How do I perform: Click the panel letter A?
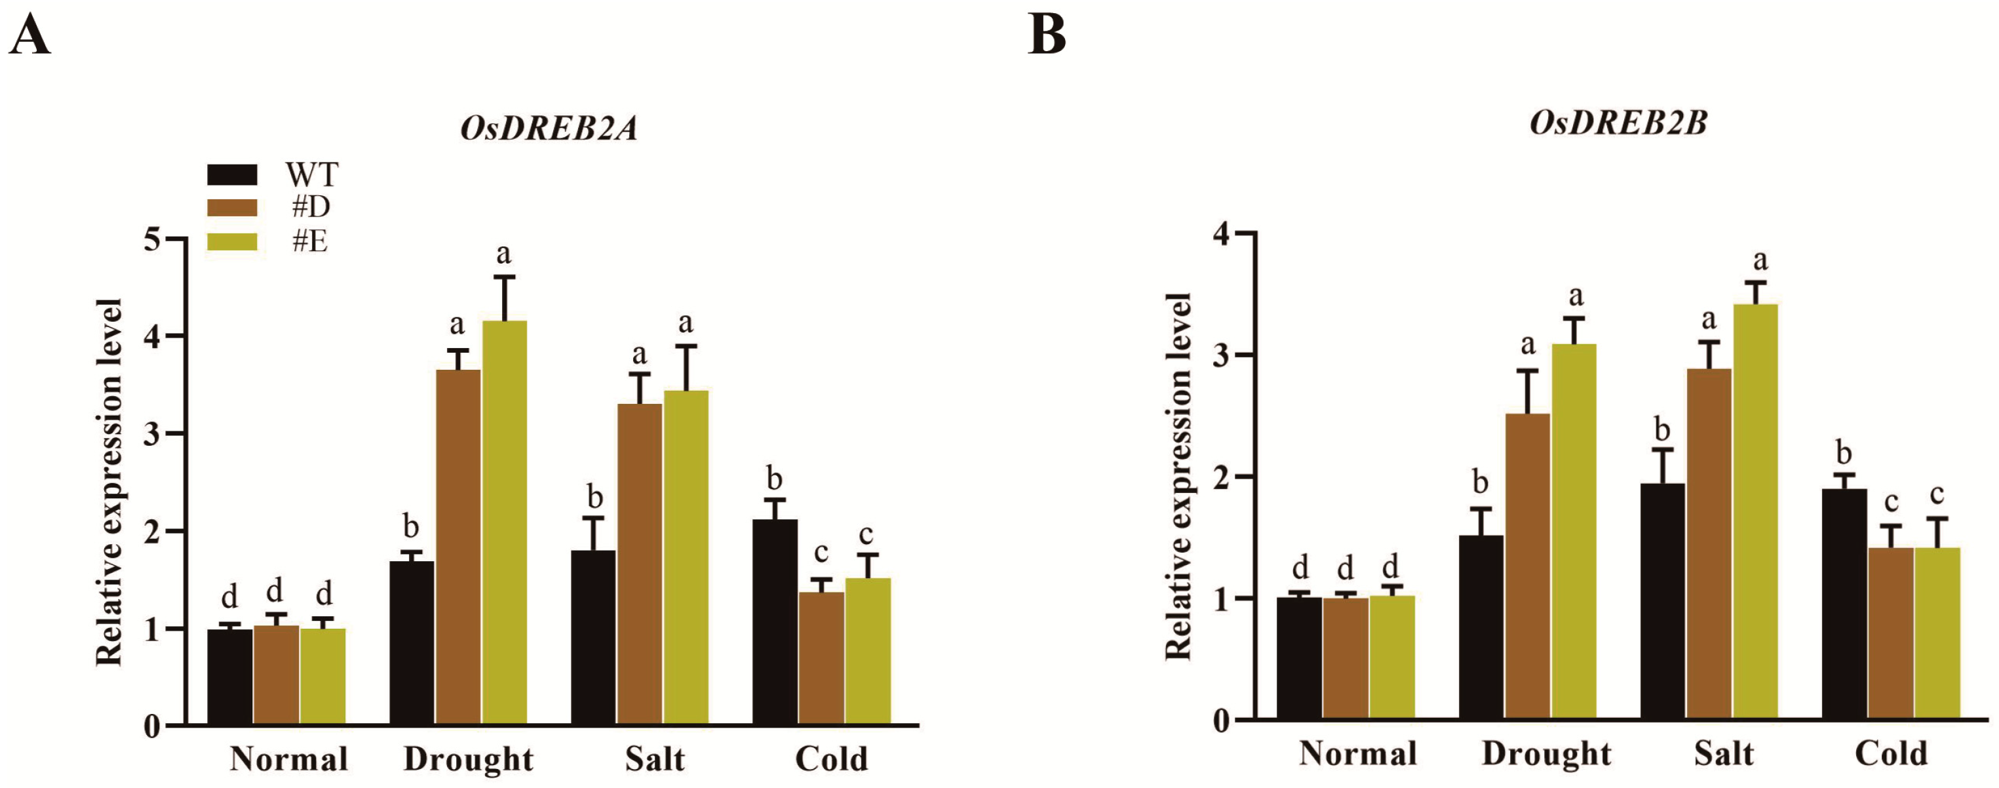coord(29,35)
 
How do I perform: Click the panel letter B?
coord(1046,35)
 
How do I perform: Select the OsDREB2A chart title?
coord(549,128)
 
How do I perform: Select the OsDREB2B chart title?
coord(1618,123)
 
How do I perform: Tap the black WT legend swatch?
coord(232,174)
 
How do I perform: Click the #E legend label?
coord(309,241)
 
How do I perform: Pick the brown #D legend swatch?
coord(232,208)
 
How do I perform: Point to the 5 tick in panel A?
coord(153,239)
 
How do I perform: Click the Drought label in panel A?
coord(468,758)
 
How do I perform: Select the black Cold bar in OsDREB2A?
coord(775,621)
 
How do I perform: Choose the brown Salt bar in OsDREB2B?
coord(1709,543)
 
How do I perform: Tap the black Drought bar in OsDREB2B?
coord(1481,625)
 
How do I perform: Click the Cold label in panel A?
coord(831,758)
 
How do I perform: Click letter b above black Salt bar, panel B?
coord(1661,429)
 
